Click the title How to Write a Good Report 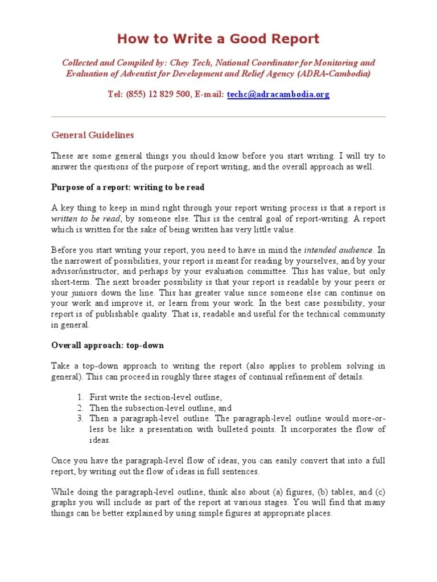tap(218, 39)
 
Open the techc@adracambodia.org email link tap(278, 94)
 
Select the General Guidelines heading tap(93, 135)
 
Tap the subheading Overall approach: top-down tap(108, 345)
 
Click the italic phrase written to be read tap(86, 219)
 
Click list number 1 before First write tap(81, 397)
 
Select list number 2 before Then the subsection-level tap(81, 408)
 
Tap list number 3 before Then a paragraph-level tap(81, 419)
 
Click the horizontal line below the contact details tap(218, 117)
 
